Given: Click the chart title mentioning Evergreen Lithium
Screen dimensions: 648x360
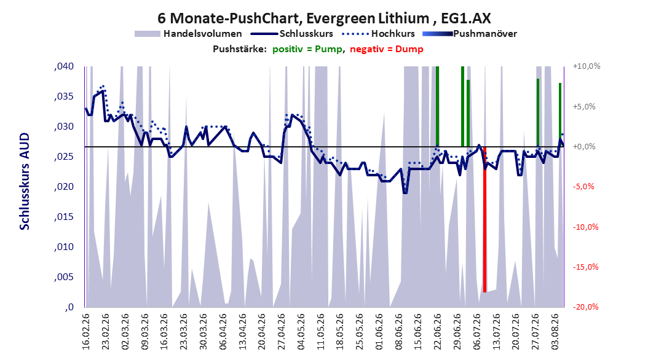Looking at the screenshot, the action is click(324, 18).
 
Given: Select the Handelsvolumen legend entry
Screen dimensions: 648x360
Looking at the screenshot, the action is click(189, 34).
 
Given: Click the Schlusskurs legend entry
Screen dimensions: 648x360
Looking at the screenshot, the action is click(292, 34).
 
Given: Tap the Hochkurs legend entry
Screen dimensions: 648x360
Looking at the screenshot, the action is click(378, 34).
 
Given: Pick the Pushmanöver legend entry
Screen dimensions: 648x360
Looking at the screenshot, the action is click(470, 34).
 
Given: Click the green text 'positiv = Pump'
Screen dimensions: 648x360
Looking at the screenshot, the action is click(307, 49).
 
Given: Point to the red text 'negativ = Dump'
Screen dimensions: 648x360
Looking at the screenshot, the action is click(387, 49).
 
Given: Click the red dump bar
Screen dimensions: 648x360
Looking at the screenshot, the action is click(484, 220).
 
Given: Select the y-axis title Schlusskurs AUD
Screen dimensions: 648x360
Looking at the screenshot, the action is click(25, 181).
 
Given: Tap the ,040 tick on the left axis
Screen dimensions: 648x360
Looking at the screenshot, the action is click(64, 66).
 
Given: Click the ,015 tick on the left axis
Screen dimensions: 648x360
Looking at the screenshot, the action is click(64, 217).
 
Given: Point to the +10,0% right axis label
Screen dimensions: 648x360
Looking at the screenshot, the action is click(587, 66).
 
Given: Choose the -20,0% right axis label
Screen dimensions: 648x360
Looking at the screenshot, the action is click(585, 307).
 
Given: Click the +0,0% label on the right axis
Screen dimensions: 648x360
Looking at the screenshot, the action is click(584, 147).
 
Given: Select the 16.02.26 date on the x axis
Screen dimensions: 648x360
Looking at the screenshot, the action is click(86, 332).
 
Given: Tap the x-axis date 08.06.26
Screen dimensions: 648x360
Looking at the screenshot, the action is click(399, 332).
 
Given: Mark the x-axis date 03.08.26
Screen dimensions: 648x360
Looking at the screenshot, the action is click(555, 332).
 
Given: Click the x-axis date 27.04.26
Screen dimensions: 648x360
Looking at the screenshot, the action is click(282, 332).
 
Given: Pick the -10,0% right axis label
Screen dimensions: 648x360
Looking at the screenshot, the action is click(585, 227).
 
